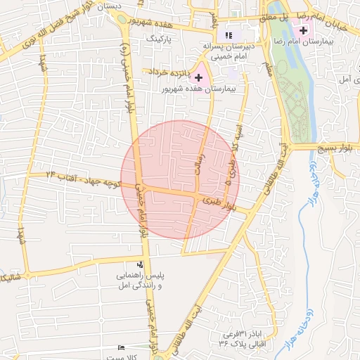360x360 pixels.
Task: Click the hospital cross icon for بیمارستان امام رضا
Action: pos(303,32)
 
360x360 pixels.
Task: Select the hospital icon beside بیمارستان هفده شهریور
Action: pos(198,77)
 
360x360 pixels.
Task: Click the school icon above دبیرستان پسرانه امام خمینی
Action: pos(227,34)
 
